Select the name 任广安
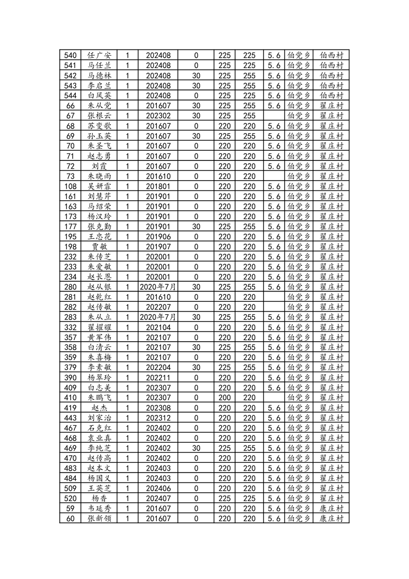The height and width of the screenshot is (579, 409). click(99, 55)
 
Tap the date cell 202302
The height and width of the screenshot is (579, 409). click(158, 116)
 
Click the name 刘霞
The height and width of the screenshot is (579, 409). click(99, 166)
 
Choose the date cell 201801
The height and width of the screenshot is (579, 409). click(158, 186)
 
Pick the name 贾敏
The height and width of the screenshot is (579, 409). click(99, 247)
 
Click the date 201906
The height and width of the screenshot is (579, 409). click(158, 236)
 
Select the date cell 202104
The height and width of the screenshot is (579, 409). click(158, 327)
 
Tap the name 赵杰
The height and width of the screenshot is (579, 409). click(99, 408)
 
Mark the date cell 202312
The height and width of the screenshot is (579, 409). click(158, 417)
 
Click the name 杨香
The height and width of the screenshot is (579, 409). click(99, 498)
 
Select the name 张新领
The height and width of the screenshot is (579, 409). click(99, 518)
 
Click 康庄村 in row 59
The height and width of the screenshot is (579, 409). click(331, 508)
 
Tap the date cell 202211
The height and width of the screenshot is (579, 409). click(158, 377)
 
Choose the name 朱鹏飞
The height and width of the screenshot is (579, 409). click(99, 397)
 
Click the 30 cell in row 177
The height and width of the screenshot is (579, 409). click(196, 227)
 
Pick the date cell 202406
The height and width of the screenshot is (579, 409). click(158, 488)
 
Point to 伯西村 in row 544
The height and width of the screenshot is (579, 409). click(331, 95)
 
